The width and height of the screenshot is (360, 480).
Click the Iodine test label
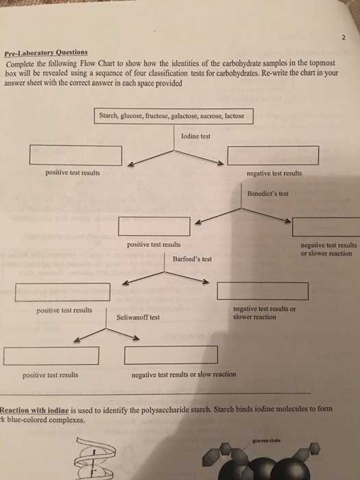[195, 136]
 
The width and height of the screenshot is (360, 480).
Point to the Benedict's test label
[267, 193]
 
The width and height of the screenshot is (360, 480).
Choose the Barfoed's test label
[192, 259]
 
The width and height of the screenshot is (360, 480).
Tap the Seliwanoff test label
[138, 317]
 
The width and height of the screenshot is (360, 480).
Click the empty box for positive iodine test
[75, 156]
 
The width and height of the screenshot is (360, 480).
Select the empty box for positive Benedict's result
[154, 225]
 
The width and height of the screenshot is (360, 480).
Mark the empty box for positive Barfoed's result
[63, 293]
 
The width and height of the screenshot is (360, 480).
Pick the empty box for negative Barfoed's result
[263, 291]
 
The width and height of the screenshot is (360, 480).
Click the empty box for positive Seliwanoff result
[51, 356]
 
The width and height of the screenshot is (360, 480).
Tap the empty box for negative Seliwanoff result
[171, 355]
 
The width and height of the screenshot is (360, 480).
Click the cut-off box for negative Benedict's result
[326, 226]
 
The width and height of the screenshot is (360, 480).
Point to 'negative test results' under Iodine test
[273, 173]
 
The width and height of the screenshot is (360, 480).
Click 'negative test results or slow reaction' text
[183, 374]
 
